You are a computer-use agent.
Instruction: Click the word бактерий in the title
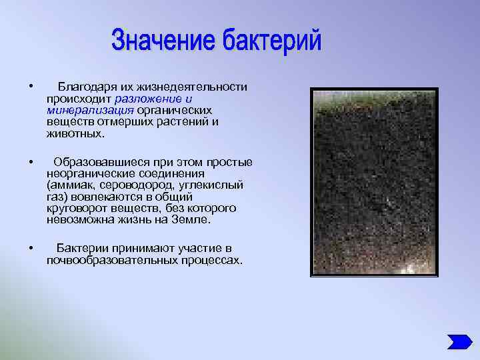tap(271, 41)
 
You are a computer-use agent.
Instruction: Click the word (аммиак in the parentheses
tap(70, 185)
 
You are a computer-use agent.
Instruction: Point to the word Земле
tap(194, 219)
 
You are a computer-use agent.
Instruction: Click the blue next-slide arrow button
tap(459, 341)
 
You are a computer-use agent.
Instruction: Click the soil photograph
tap(374, 181)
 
